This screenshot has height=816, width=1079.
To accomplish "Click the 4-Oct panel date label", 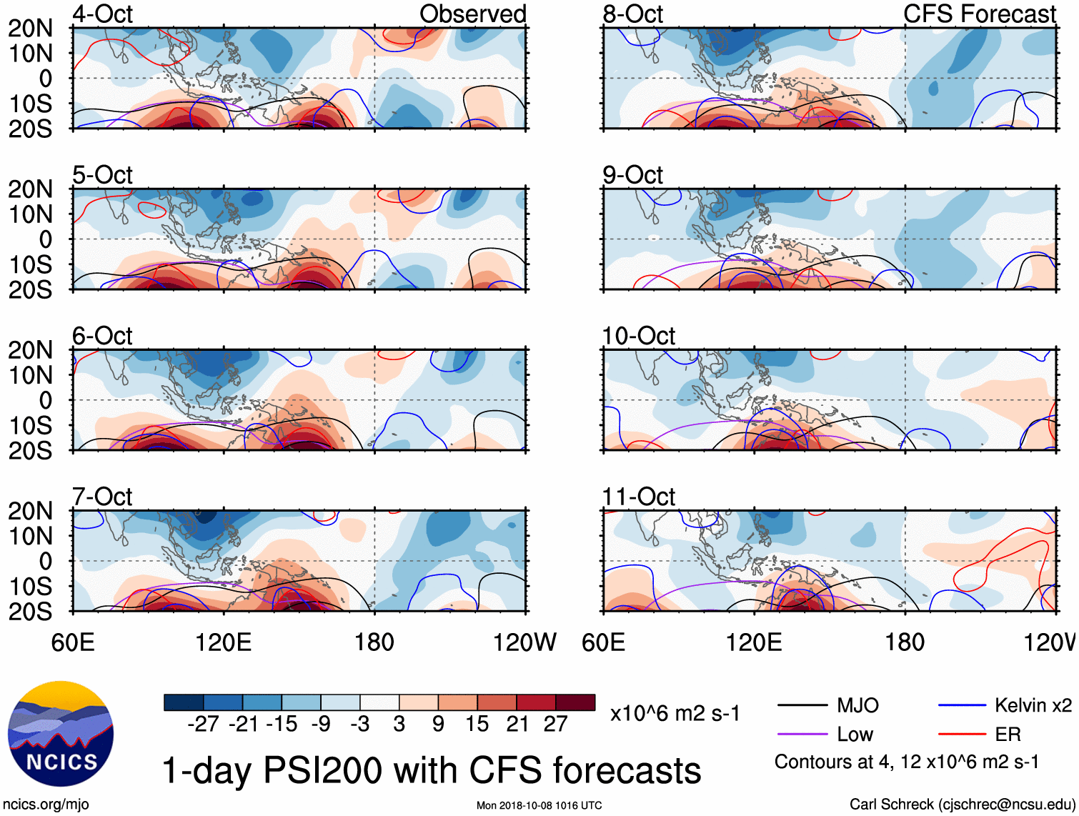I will [102, 14].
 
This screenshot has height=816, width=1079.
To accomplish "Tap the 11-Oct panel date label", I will [638, 496].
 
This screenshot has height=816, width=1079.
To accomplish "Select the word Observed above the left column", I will [472, 14].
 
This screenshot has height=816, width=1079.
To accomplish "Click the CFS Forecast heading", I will [979, 14].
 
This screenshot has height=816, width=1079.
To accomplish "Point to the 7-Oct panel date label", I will [102, 496].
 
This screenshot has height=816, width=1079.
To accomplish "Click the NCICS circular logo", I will [60, 734].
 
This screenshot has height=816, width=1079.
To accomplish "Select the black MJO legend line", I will [802, 706].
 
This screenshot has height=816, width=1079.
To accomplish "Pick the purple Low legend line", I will [802, 735].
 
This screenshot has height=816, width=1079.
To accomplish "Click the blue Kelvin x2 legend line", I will [962, 706].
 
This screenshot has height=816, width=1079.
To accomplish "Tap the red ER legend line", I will [962, 735].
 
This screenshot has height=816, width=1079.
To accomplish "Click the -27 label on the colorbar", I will [203, 724].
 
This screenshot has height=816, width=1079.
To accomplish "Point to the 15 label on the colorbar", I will [477, 724].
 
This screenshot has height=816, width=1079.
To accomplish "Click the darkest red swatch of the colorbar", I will [575, 702].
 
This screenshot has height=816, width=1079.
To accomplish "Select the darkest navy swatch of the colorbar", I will [184, 702].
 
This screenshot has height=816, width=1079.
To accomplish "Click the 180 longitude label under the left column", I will [374, 642].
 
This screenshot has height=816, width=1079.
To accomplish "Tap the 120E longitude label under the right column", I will [754, 642].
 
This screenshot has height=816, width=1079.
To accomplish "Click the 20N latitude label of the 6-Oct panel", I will [30, 350].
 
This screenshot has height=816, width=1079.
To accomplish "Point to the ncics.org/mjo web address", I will [46, 805].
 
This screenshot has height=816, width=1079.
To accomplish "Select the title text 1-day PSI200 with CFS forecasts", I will [432, 771].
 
